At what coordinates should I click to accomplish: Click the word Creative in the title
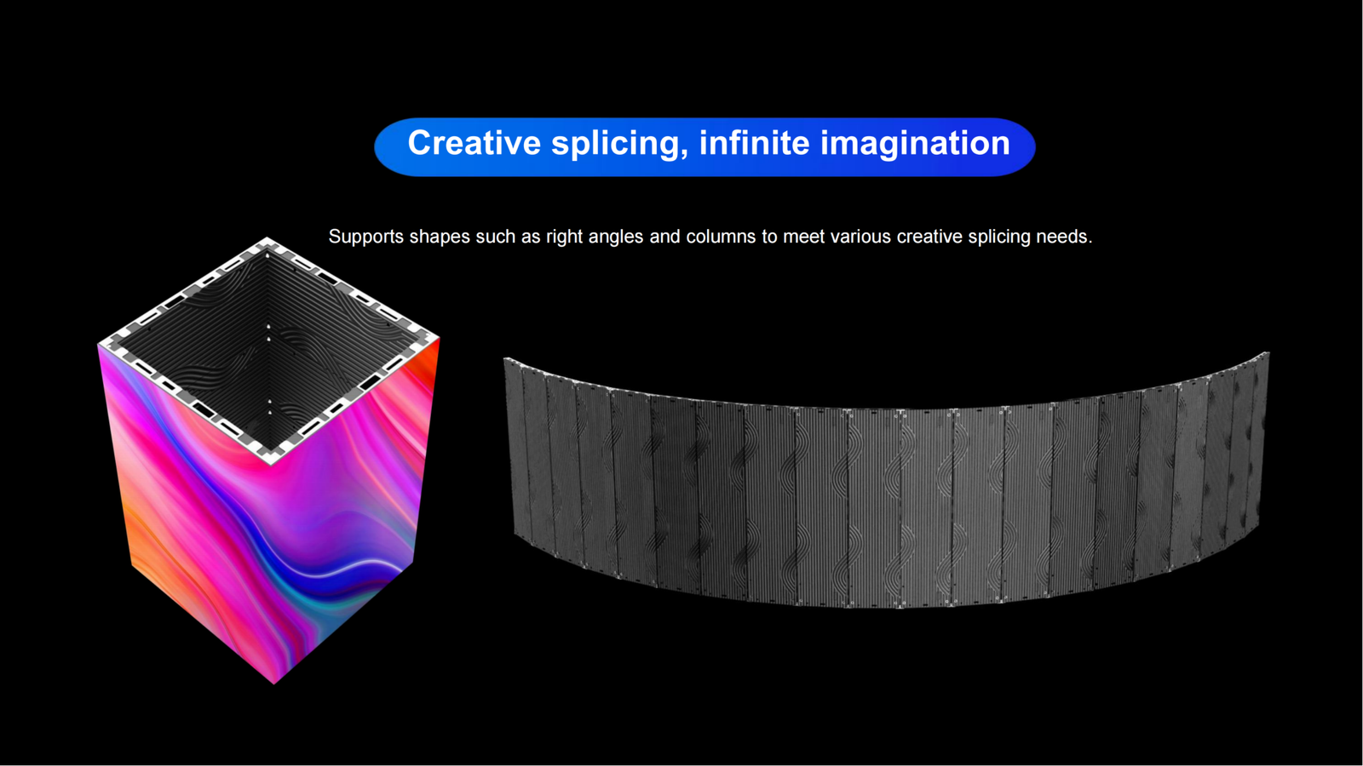tap(474, 143)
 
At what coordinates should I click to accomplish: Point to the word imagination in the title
tap(915, 145)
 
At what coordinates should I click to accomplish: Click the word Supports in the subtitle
tap(365, 237)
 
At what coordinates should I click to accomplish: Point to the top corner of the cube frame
tap(267, 237)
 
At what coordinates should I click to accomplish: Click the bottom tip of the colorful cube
tap(274, 683)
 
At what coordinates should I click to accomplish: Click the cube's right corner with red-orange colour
tap(438, 338)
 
